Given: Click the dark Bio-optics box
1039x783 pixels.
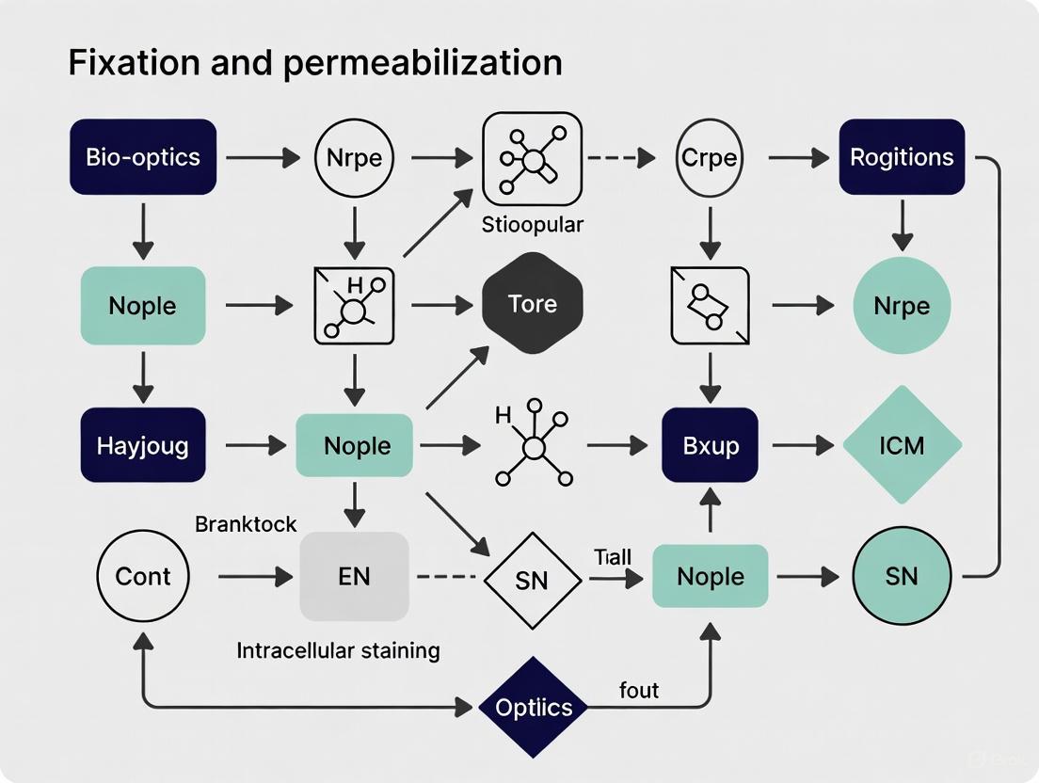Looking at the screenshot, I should pos(143,156).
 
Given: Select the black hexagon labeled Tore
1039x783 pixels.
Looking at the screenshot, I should pos(533,304).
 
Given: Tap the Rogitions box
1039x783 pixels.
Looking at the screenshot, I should pos(902,156).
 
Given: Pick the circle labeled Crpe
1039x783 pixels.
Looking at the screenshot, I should pos(709,157).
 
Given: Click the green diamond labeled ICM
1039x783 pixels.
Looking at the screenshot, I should pos(902,445).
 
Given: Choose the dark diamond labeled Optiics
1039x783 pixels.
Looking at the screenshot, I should pos(534,708).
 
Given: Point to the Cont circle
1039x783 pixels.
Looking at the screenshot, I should pos(143,576).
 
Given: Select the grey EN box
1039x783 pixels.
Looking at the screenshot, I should pos(355,576).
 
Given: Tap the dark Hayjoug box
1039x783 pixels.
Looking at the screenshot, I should pos(143,445).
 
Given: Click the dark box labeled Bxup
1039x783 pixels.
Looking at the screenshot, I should pos(710,445).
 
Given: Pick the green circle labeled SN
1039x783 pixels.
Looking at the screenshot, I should pos(902,576).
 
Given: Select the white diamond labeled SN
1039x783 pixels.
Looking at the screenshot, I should pos(533,582).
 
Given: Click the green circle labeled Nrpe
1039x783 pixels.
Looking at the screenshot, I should pos(902,305).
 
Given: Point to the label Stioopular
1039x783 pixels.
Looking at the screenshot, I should pos(533,225).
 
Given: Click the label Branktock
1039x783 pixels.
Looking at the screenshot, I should pos(246,524).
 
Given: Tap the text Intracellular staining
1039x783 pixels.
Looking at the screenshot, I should pos(338,650).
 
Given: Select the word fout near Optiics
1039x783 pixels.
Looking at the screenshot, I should pos(639,690).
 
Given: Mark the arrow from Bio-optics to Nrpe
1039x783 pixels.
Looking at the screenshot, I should pos(261,157).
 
